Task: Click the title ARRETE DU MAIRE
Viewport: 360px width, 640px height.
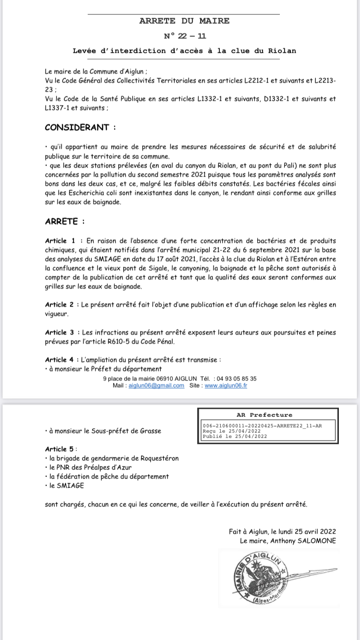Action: pos(184,21)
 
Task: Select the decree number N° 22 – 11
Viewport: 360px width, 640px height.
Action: pos(185,36)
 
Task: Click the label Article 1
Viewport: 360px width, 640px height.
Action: pos(60,240)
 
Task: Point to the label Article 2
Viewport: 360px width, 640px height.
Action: pos(60,305)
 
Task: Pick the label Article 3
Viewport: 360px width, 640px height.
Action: pos(60,332)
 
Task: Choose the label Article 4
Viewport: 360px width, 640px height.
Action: pos(60,359)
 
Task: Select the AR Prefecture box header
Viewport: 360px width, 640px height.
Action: pos(264,415)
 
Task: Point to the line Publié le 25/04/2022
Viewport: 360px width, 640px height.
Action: pos(235,437)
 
